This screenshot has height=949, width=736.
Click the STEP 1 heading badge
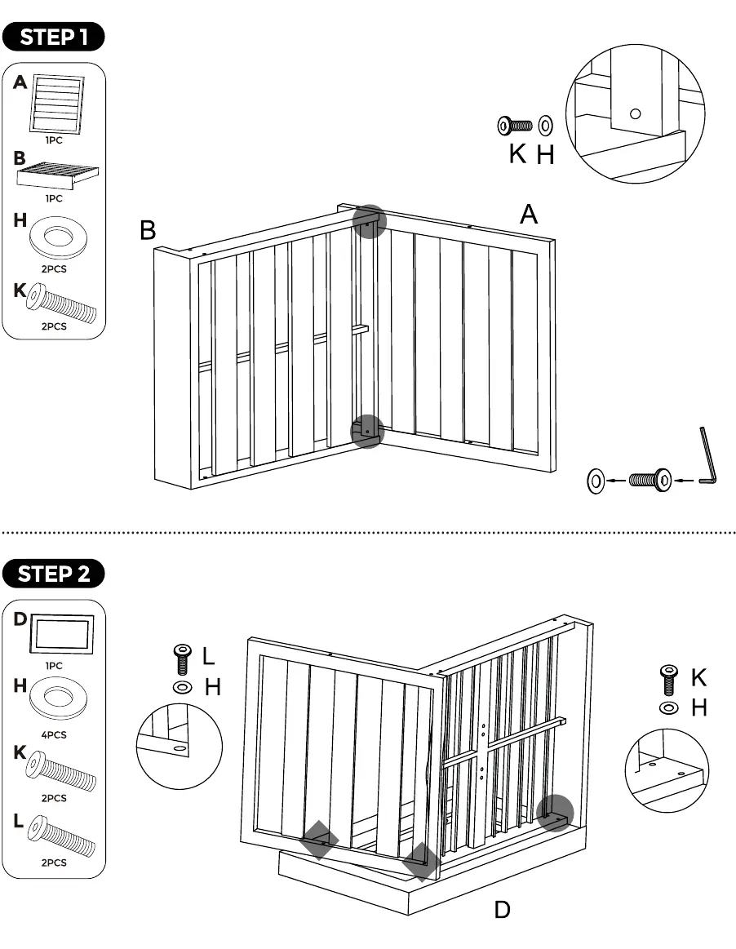pyautogui.click(x=53, y=37)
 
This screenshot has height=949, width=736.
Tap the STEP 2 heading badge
pyautogui.click(x=53, y=574)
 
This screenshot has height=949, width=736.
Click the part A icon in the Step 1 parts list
pyautogui.click(x=56, y=104)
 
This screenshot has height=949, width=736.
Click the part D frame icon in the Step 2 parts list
pyautogui.click(x=62, y=634)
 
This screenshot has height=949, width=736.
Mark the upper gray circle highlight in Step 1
pyautogui.click(x=369, y=221)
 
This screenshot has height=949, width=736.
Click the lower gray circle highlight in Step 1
pyautogui.click(x=367, y=432)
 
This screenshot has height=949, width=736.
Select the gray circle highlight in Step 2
pyautogui.click(x=555, y=813)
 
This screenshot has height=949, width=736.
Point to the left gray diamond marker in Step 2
pyautogui.click(x=320, y=840)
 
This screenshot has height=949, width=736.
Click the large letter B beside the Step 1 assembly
pyautogui.click(x=148, y=231)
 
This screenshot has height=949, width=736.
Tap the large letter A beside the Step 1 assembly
pyautogui.click(x=529, y=215)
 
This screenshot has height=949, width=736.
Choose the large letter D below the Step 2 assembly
pyautogui.click(x=502, y=909)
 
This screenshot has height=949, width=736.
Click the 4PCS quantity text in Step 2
pyautogui.click(x=54, y=734)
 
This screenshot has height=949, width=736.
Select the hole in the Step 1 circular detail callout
pyautogui.click(x=635, y=113)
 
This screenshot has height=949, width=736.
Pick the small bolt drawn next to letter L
pyautogui.click(x=181, y=659)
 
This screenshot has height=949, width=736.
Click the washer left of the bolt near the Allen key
pyautogui.click(x=596, y=481)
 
